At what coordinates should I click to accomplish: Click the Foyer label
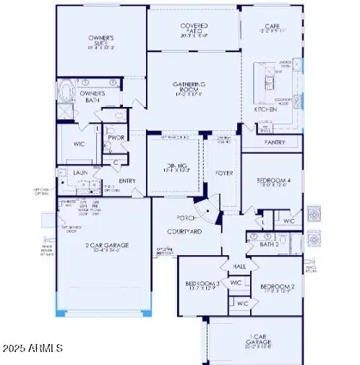click(x=220, y=173)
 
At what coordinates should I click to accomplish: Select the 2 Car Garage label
click(x=105, y=246)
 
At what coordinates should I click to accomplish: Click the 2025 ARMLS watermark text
click(x=33, y=348)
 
